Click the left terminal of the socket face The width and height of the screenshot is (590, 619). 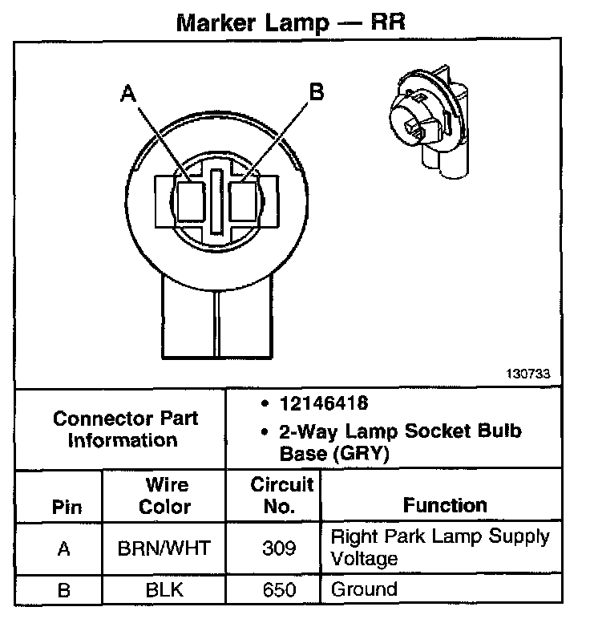pyautogui.click(x=191, y=201)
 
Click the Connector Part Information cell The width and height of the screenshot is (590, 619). pyautogui.click(x=124, y=430)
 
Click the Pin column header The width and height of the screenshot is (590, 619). pyautogui.click(x=67, y=507)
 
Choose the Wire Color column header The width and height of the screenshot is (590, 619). pyautogui.click(x=165, y=496)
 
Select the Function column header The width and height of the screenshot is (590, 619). pyautogui.click(x=445, y=505)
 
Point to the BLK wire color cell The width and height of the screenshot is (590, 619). pyautogui.click(x=165, y=591)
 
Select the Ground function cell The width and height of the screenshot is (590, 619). pyautogui.click(x=364, y=590)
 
